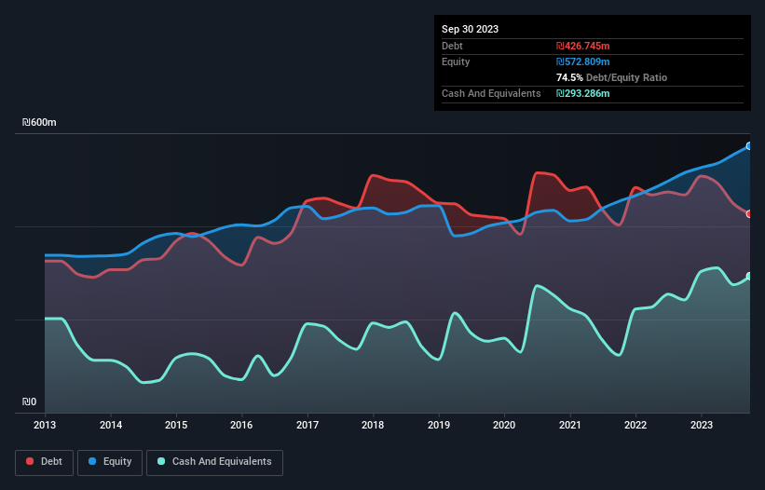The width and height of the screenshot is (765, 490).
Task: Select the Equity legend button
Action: point(110,461)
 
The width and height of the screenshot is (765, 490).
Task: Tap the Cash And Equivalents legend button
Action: point(214,461)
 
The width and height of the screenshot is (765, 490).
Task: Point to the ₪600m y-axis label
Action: point(40,123)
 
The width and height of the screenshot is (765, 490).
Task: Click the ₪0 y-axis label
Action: point(30,402)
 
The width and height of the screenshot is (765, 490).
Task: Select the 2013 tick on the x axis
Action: point(45,425)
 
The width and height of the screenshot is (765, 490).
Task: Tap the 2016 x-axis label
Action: point(242,425)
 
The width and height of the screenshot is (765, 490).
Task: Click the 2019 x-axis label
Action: point(439,425)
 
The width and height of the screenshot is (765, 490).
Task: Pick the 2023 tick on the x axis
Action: point(702,425)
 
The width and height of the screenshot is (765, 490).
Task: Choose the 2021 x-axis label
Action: point(570,425)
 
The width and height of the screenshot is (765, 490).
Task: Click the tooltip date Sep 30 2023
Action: point(470,29)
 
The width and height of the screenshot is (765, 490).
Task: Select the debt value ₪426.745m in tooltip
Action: point(584,46)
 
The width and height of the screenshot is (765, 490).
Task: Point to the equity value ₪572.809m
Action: point(584,61)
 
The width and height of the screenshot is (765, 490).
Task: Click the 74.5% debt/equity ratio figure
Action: point(569,77)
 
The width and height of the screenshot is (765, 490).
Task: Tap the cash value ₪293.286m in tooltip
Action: point(584,93)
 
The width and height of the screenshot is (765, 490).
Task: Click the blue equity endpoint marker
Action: point(749,146)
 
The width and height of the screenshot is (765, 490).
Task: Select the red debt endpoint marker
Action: point(749,214)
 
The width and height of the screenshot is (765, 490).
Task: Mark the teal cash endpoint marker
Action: point(749,276)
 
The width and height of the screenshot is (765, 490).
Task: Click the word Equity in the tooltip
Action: point(456,61)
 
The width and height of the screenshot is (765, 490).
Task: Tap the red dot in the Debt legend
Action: point(31,461)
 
